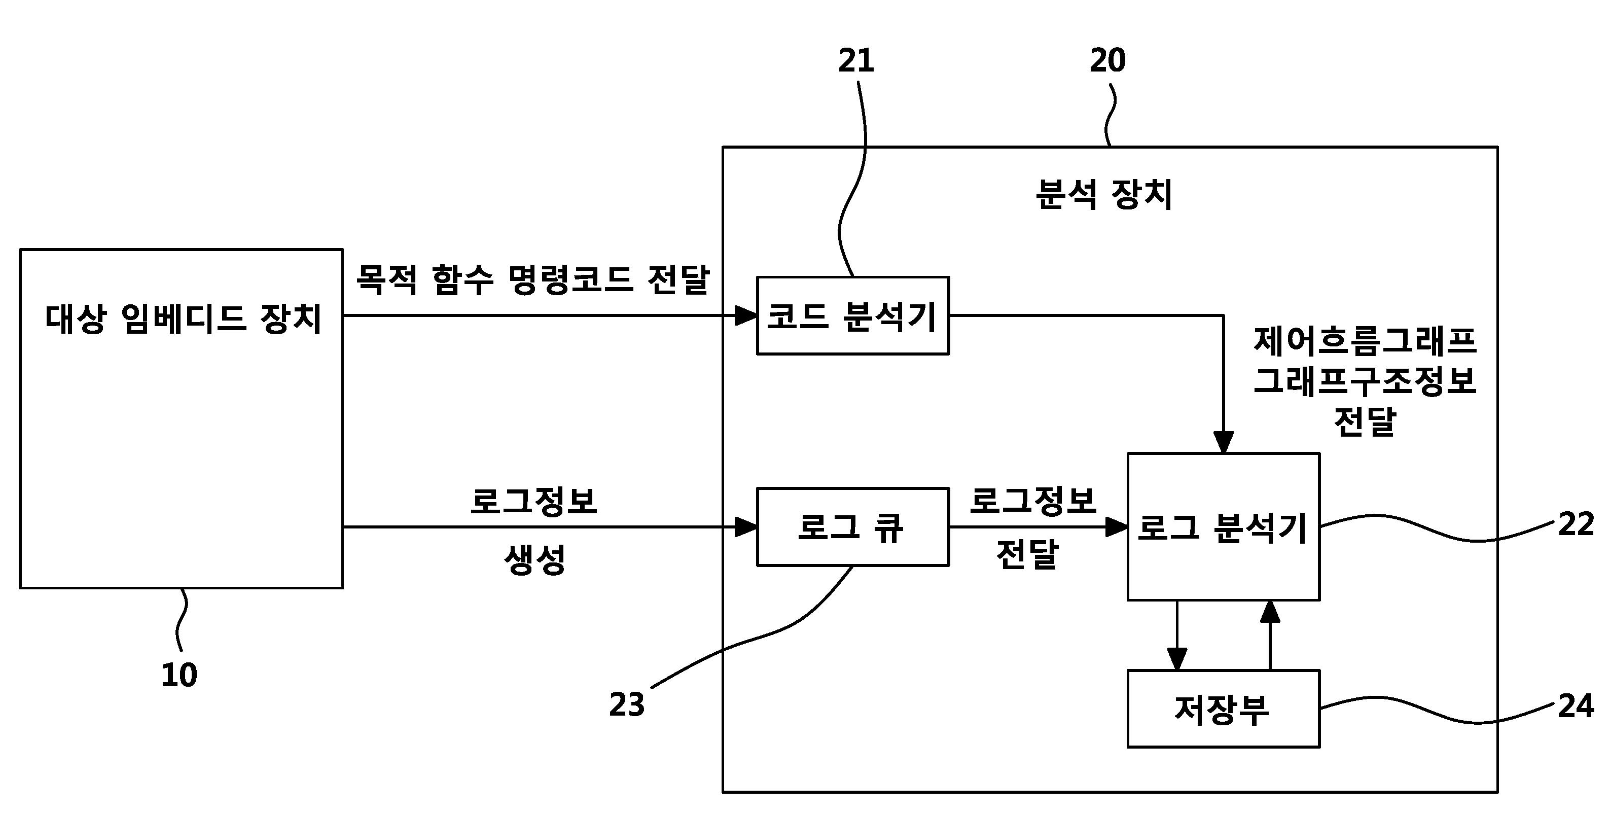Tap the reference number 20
tap(1107, 61)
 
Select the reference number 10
tap(180, 676)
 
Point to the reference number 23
tap(627, 705)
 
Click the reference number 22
tap(1576, 524)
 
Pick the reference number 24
tap(1576, 706)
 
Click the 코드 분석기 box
tap(852, 315)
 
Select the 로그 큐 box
tap(852, 527)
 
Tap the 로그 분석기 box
tap(1223, 527)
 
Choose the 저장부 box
tap(1223, 709)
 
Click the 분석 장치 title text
tap(1104, 194)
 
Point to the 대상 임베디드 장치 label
tap(183, 319)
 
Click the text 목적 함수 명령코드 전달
tap(533, 279)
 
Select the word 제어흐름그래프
tap(1365, 341)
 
